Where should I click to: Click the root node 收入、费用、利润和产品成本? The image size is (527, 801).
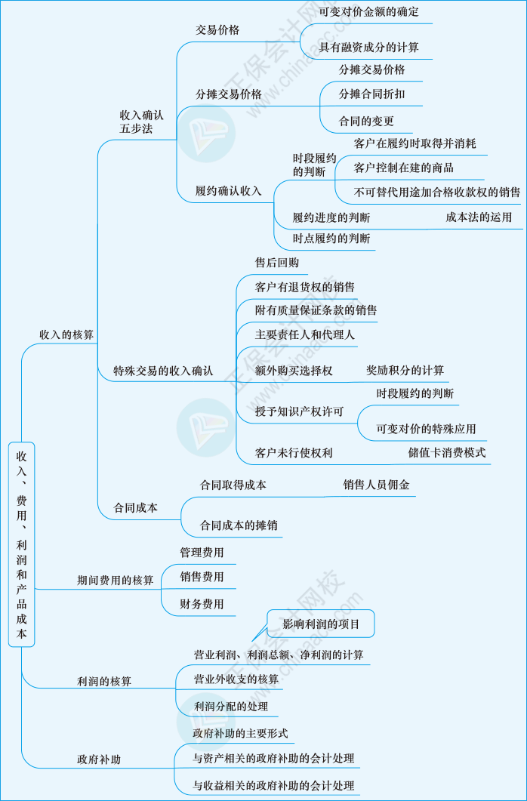click(21, 544)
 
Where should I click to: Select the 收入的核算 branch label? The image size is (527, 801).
click(66, 334)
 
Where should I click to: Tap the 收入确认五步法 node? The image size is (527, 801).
click(141, 122)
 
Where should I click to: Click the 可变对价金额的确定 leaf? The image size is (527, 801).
click(368, 12)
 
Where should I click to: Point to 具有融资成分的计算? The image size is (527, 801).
click(368, 48)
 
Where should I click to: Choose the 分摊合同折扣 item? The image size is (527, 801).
click(371, 95)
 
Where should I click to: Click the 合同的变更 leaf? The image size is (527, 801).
click(366, 121)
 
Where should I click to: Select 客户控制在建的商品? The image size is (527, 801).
click(403, 168)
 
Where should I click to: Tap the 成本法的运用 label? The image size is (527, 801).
click(479, 217)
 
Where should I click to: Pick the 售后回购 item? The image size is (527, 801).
click(277, 263)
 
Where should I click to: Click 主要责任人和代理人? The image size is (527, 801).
click(305, 334)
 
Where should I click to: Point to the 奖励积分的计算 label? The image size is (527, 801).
click(405, 370)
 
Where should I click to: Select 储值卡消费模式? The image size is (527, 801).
click(447, 453)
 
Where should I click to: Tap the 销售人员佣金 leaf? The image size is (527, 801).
click(376, 485)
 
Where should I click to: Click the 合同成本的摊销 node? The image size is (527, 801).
click(238, 525)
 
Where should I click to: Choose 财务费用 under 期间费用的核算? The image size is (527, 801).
click(202, 604)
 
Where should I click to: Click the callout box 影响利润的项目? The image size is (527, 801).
click(321, 624)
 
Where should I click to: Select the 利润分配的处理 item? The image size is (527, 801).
click(230, 707)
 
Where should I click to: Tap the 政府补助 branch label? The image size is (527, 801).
click(99, 759)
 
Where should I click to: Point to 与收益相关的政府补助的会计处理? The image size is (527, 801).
click(273, 785)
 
